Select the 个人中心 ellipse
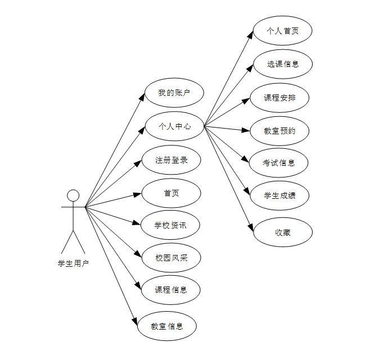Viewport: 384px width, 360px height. tap(175, 126)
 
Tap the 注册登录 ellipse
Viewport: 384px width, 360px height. tap(171, 160)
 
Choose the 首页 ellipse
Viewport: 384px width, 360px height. tap(171, 193)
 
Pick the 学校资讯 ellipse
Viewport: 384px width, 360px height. tap(170, 226)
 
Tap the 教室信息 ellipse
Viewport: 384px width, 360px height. tap(167, 325)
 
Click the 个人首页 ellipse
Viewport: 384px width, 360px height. tap(282, 31)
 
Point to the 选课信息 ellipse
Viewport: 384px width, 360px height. tap(282, 64)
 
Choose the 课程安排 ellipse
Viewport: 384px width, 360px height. tap(279, 98)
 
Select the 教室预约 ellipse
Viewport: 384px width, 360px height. tap(279, 131)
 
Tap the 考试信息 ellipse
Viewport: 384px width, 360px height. tap(278, 163)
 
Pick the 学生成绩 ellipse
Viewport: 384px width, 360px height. tap(279, 195)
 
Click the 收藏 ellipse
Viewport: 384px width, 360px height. tap(282, 232)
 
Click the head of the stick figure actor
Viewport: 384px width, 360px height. tap(73, 195)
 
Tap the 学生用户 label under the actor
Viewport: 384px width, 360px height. tap(73, 263)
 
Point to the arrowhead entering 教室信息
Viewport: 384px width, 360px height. tap(135, 321)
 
